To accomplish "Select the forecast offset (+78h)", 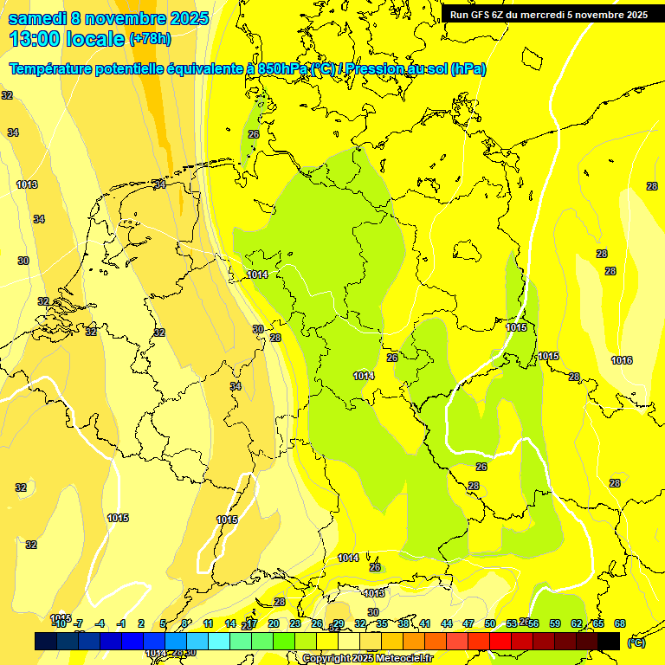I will tap(150, 39).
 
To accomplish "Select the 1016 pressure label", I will tap(622, 360).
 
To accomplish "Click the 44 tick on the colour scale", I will tap(447, 623).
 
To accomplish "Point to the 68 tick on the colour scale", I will tap(620, 623).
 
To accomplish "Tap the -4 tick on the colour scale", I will tap(100, 623).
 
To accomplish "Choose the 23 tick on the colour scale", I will tap(295, 623).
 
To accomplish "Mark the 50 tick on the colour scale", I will tap(490, 623).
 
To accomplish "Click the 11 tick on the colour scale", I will tap(209, 623).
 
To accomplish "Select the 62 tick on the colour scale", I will tap(577, 623).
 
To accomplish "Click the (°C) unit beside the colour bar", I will tap(636, 642).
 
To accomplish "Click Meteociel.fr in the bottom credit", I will tap(404, 659).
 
